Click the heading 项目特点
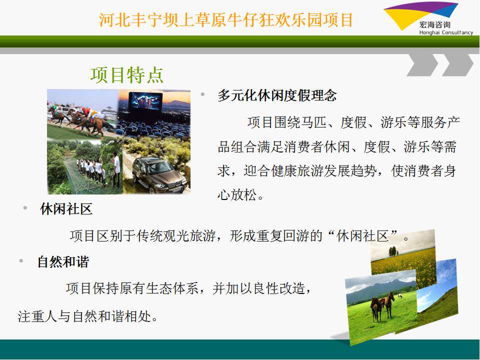click(x=126, y=75)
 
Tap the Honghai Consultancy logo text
click(x=446, y=32)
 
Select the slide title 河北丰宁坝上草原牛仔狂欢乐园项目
click(x=226, y=20)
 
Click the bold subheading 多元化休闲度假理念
click(x=277, y=95)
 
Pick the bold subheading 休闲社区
click(x=66, y=209)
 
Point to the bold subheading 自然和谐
click(x=63, y=261)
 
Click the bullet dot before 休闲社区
click(x=25, y=208)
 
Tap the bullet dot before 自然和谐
click(x=21, y=261)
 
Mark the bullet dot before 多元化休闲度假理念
click(x=202, y=94)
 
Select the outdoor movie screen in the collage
click(x=145, y=101)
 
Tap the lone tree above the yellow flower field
click(x=393, y=251)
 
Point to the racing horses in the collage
click(x=79, y=120)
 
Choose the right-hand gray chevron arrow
click(x=458, y=64)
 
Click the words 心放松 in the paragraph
click(x=237, y=194)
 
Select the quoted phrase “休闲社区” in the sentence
click(x=363, y=236)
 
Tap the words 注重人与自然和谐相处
click(x=84, y=316)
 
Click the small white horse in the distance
click(x=399, y=296)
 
